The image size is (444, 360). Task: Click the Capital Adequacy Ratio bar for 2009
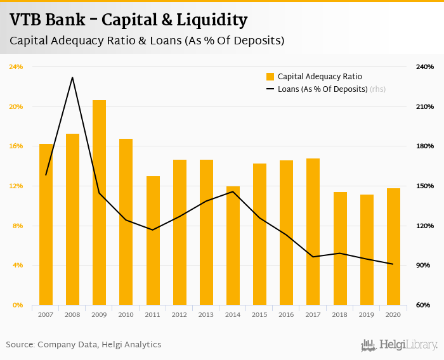click(x=99, y=203)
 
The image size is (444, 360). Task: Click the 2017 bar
click(x=313, y=232)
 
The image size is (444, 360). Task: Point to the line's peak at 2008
click(x=72, y=77)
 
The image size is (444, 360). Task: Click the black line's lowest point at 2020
click(x=393, y=264)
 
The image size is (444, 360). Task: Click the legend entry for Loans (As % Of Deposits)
click(x=322, y=89)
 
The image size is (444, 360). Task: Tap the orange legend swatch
click(x=270, y=77)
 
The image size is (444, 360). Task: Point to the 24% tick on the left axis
click(x=16, y=67)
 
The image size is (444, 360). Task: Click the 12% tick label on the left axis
click(x=16, y=186)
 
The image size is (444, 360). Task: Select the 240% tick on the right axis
click(x=424, y=67)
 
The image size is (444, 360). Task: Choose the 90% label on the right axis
click(x=424, y=266)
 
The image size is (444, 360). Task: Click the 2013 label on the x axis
click(x=206, y=314)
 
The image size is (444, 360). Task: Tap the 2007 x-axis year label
click(x=46, y=314)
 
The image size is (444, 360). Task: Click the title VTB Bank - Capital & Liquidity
click(x=129, y=20)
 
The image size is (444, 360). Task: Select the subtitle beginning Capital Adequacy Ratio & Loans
click(x=147, y=41)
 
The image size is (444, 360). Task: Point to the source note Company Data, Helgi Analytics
click(x=84, y=345)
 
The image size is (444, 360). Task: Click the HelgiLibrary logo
click(x=400, y=345)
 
